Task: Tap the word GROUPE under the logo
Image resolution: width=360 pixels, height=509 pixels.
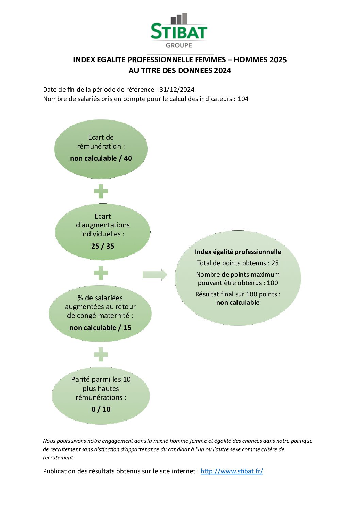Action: tap(179, 45)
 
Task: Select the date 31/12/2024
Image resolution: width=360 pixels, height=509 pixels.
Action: tap(177, 89)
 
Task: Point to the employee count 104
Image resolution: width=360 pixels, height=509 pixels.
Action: tap(243, 99)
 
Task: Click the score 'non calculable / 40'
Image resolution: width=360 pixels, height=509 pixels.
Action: tap(101, 158)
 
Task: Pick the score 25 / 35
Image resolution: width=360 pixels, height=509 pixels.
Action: tap(103, 246)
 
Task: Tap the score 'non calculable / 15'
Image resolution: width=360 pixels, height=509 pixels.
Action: tap(100, 328)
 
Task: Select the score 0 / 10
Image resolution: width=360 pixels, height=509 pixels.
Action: tap(101, 409)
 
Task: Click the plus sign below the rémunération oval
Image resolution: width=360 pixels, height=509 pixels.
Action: tap(101, 191)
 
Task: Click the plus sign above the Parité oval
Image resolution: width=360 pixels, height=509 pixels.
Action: tap(101, 355)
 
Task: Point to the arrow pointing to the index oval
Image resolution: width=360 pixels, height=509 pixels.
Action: tap(155, 275)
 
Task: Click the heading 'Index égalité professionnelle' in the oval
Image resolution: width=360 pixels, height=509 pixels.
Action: tap(238, 252)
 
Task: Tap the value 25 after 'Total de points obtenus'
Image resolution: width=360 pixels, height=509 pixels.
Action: tap(275, 263)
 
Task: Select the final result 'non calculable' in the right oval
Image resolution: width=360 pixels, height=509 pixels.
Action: tap(238, 303)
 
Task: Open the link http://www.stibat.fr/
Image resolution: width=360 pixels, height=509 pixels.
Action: tap(232, 471)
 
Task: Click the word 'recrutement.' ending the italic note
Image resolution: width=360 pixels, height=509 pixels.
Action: tap(59, 458)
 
